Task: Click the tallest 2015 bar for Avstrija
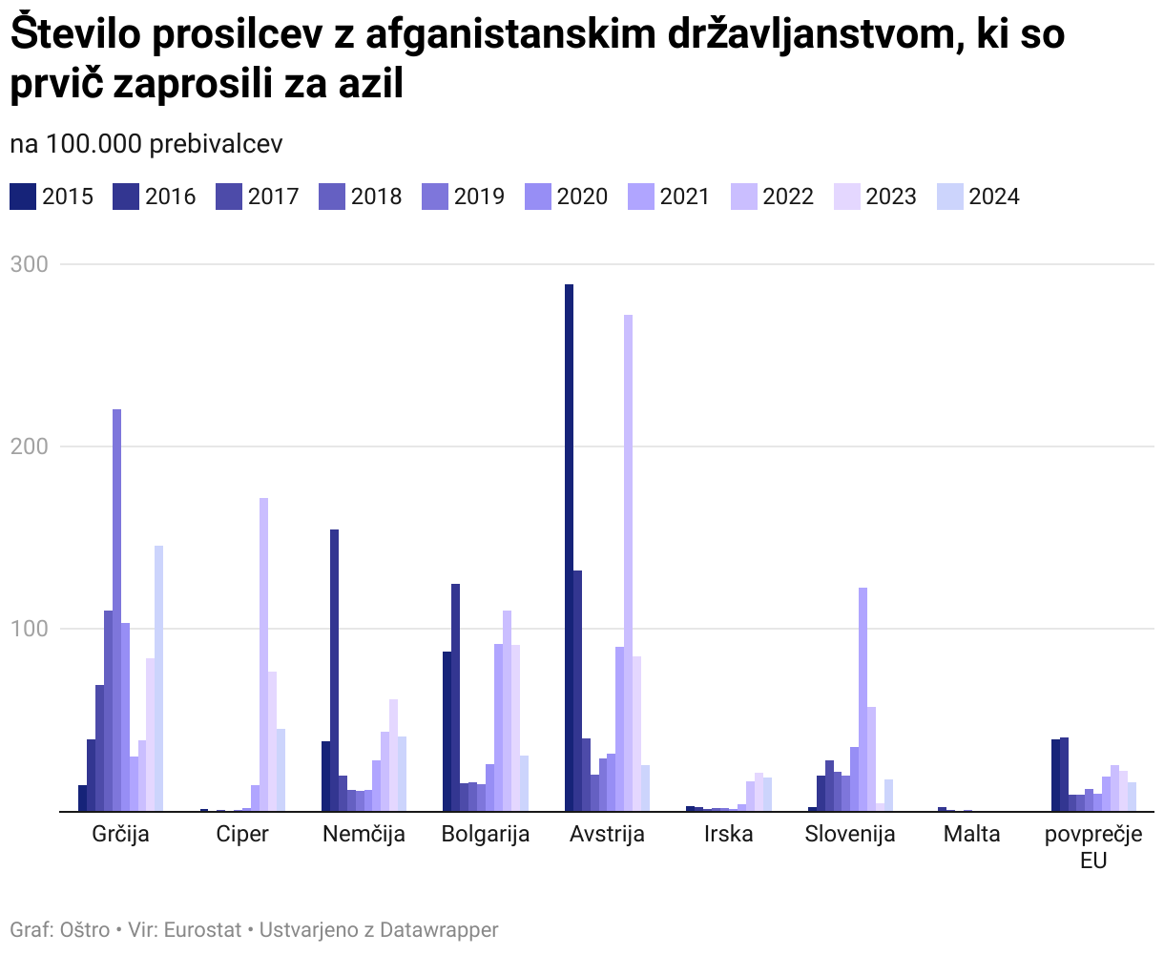click(x=569, y=548)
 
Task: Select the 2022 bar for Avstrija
click(x=628, y=563)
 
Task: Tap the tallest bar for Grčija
click(x=117, y=611)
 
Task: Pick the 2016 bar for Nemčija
click(x=334, y=670)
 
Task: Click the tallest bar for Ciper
click(x=263, y=654)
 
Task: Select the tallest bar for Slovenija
click(x=863, y=699)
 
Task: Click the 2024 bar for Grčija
click(x=159, y=678)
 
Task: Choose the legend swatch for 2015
click(x=23, y=197)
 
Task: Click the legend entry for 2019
click(x=463, y=197)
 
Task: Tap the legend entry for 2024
click(x=978, y=197)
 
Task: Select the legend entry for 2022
click(x=772, y=197)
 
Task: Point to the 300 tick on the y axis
click(x=29, y=264)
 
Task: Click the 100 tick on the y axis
click(x=29, y=629)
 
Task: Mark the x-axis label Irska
click(x=728, y=834)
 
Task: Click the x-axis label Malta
click(x=971, y=834)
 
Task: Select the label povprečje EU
click(x=1092, y=846)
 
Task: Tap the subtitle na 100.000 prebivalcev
click(x=146, y=144)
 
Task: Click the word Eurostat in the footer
click(x=202, y=929)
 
